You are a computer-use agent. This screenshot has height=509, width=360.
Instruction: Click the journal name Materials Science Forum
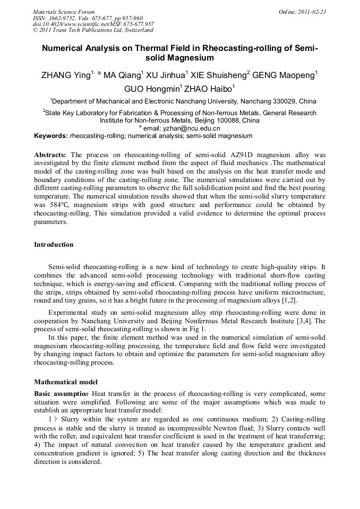click(x=64, y=11)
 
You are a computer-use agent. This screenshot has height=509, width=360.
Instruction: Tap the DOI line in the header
click(x=93, y=24)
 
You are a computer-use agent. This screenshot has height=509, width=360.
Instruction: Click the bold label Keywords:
click(x=50, y=136)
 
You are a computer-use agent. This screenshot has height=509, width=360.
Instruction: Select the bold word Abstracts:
click(x=50, y=154)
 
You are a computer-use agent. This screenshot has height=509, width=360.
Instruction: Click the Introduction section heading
click(x=54, y=245)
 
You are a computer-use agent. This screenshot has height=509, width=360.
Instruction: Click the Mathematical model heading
click(x=65, y=382)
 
